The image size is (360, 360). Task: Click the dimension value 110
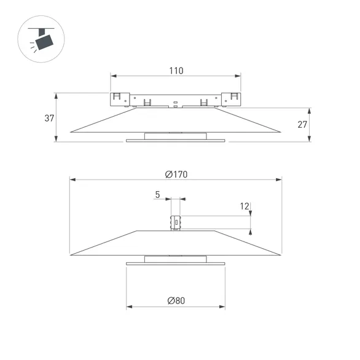(x=176, y=71)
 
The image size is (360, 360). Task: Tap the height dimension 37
(x=50, y=118)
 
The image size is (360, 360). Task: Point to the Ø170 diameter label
(x=176, y=174)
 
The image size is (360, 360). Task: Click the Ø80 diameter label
(x=176, y=300)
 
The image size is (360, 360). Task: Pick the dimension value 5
(x=157, y=195)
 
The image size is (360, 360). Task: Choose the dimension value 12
(x=245, y=206)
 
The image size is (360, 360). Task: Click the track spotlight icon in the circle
(x=42, y=41)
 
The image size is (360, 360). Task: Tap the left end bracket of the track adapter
(x=118, y=98)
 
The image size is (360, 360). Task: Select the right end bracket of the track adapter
(x=233, y=98)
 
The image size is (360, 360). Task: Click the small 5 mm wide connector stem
(x=176, y=222)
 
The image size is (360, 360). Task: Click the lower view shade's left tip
(x=71, y=254)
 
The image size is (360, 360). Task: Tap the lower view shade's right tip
(x=281, y=254)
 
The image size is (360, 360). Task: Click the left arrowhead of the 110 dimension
(x=113, y=77)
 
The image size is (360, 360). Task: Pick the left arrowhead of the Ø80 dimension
(x=128, y=307)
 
